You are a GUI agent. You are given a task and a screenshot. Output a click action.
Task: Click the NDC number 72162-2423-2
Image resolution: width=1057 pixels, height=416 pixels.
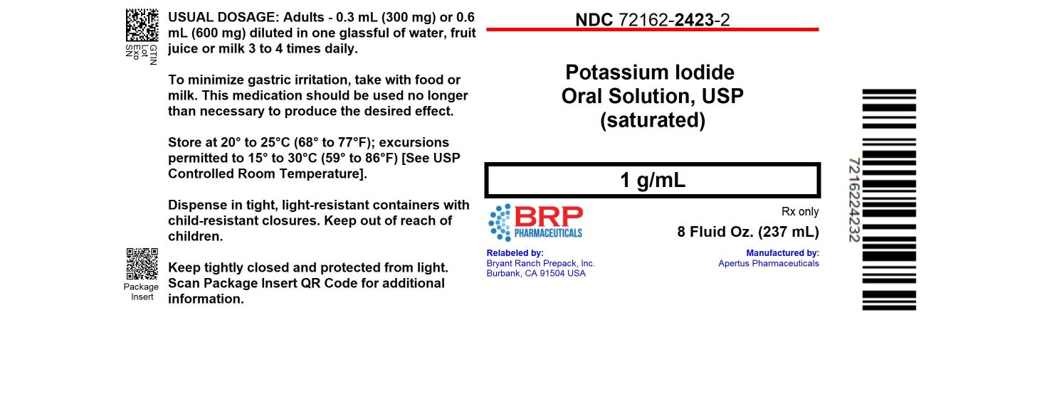click(x=652, y=20)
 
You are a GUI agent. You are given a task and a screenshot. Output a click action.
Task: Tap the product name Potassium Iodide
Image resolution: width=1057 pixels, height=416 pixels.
click(x=649, y=73)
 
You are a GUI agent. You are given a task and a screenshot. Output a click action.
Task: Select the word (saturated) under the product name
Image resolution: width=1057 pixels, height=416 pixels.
click(x=652, y=120)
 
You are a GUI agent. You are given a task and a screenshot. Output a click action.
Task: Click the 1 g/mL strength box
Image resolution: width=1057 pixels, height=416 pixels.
click(x=652, y=181)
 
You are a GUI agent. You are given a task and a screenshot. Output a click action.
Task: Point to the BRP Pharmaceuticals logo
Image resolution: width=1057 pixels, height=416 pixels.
click(x=535, y=223)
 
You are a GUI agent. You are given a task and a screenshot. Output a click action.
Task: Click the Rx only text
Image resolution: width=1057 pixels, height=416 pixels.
click(x=800, y=212)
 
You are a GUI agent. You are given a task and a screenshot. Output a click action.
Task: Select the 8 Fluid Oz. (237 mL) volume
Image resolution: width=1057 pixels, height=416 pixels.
click(x=748, y=232)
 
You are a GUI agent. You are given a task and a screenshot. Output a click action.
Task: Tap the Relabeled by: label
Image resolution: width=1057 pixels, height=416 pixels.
click(x=515, y=252)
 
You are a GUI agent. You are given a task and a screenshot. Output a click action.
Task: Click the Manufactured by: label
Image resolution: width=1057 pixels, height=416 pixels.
click(x=782, y=252)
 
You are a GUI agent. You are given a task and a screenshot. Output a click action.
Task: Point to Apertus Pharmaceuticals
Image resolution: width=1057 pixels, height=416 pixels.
click(x=768, y=263)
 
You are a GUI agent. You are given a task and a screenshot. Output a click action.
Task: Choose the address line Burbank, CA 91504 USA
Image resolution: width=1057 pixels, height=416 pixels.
click(x=536, y=273)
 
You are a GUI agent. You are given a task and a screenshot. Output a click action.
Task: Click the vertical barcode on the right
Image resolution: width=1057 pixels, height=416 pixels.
click(x=889, y=200)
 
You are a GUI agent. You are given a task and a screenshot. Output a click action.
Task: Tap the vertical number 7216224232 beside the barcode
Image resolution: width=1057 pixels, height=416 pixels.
click(x=855, y=200)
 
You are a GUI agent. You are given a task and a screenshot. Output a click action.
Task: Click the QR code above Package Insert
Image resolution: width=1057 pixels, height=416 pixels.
click(x=142, y=263)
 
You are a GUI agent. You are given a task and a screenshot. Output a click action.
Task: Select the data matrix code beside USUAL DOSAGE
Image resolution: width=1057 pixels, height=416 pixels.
click(x=142, y=25)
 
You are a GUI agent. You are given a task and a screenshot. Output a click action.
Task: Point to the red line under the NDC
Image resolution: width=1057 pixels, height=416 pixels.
click(x=652, y=30)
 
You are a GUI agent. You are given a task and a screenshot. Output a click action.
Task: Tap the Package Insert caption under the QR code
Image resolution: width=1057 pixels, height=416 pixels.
click(x=142, y=292)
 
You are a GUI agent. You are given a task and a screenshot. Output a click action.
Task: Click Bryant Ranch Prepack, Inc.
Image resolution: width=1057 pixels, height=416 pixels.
click(x=540, y=263)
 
